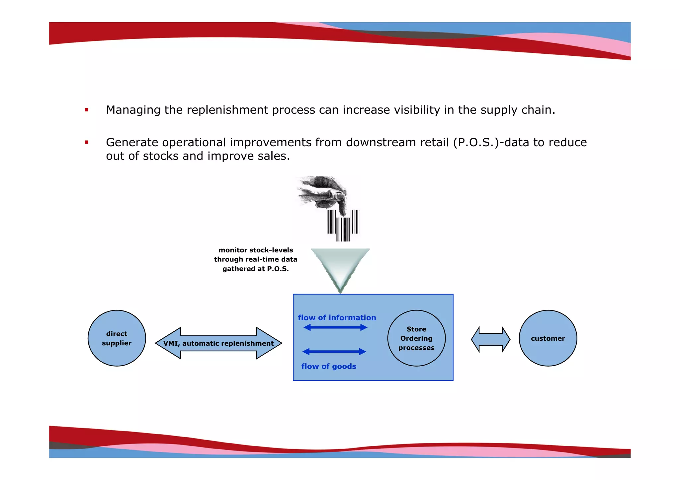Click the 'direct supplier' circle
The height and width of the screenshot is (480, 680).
click(117, 338)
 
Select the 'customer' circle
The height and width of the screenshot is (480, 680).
click(548, 338)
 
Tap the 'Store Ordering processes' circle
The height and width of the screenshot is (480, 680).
click(416, 338)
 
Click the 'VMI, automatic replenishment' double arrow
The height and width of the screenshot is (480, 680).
click(218, 343)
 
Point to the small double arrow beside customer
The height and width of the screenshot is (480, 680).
click(490, 339)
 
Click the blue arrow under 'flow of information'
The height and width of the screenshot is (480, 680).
click(335, 327)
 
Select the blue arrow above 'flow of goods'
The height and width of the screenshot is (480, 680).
click(334, 351)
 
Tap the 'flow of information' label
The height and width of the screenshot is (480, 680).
click(337, 317)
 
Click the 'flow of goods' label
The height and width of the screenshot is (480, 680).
click(329, 366)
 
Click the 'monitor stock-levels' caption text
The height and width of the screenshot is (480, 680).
click(255, 259)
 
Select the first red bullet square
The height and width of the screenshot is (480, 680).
click(87, 110)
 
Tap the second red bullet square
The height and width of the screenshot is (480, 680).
click(87, 142)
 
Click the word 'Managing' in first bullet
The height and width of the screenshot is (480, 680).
click(133, 110)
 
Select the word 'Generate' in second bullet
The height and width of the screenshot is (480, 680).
click(132, 142)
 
